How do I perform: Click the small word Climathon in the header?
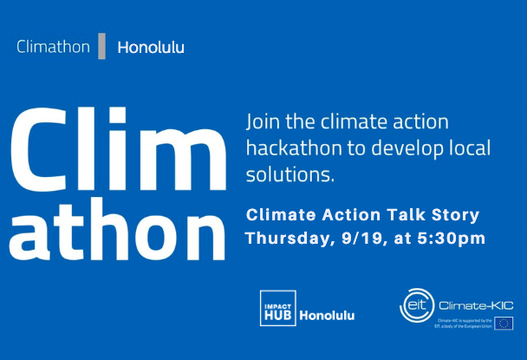(53, 46)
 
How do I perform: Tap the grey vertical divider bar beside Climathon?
(102, 46)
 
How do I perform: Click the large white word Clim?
(116, 146)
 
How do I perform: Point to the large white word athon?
(116, 227)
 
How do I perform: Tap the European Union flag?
(505, 324)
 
